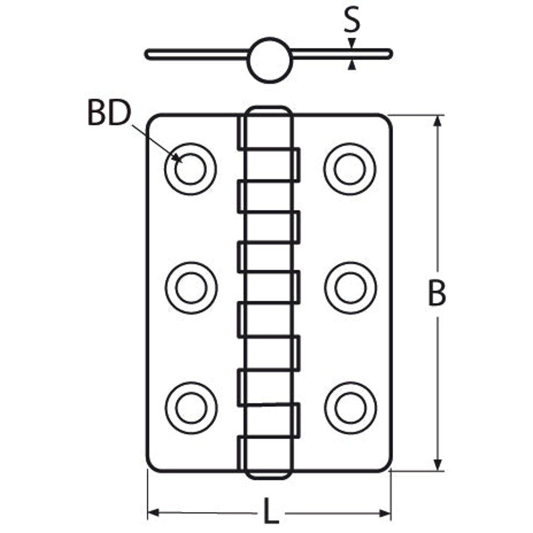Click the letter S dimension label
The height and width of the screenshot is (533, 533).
tap(352, 20)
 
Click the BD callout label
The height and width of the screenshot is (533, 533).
tap(109, 113)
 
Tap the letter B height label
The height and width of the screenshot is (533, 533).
tap(437, 293)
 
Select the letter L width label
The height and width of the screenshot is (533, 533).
tap(271, 510)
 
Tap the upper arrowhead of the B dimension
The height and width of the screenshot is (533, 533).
tap(438, 121)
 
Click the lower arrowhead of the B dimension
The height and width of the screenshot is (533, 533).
tap(438, 465)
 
